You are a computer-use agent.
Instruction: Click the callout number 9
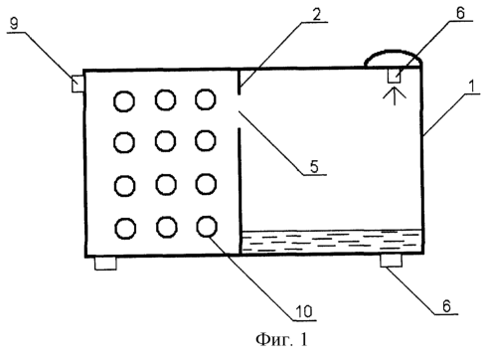14,24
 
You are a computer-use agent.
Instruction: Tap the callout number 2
316,14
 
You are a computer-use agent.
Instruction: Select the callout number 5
314,166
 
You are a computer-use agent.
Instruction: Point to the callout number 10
304,312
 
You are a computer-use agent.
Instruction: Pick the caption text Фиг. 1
281,339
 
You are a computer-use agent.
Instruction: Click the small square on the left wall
78,84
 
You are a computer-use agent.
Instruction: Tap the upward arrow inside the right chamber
395,96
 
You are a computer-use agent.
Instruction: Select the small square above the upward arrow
395,76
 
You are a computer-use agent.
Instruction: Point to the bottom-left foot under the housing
105,264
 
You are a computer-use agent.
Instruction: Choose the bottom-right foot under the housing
391,261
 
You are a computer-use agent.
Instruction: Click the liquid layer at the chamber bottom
331,241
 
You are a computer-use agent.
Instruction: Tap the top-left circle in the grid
124,101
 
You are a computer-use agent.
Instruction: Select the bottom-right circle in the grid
207,227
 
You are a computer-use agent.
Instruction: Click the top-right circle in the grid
206,99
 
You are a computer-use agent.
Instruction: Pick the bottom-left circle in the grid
125,229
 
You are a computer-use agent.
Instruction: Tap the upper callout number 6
460,13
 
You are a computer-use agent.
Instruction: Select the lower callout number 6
446,306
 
